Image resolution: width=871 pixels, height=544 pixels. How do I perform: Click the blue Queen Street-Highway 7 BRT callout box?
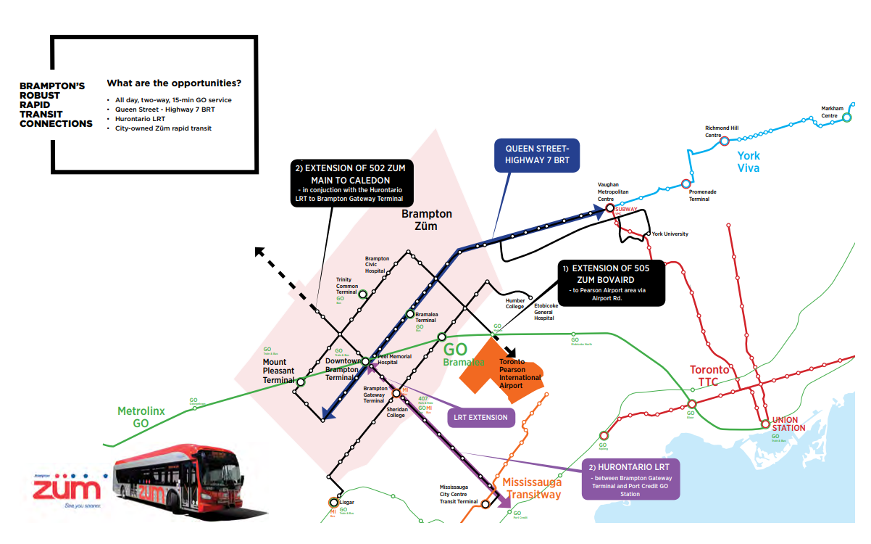537,154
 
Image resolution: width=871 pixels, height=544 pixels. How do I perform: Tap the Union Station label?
788,424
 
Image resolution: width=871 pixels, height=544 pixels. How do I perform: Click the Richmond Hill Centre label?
722,131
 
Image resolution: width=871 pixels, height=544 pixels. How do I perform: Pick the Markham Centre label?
830,112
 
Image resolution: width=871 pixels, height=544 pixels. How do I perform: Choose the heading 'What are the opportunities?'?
174,83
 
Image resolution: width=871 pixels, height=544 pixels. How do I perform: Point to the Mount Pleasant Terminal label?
278,371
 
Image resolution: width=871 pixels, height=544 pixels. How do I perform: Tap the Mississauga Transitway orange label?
533,488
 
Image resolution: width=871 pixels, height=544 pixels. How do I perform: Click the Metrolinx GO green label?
141,416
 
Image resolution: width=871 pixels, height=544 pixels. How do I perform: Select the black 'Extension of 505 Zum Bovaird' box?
611,283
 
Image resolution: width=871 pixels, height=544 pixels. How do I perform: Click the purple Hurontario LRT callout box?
630,479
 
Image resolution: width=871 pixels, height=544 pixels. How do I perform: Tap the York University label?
670,234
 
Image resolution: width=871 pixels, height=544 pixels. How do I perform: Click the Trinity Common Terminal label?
347,285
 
